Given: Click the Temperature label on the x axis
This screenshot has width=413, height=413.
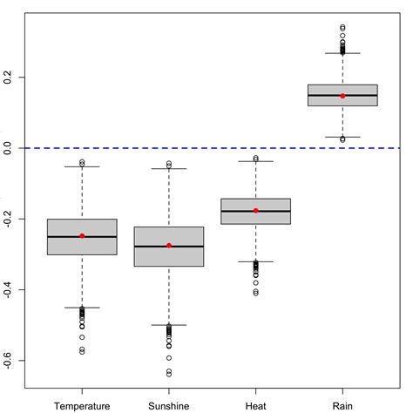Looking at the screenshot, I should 82,404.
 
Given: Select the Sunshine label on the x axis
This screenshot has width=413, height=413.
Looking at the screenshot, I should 169,404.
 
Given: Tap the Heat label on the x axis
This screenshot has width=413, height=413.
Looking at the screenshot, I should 255,404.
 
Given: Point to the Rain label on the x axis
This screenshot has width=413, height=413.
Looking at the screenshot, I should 342,404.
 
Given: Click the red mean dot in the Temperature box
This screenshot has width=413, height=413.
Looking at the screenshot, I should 82,236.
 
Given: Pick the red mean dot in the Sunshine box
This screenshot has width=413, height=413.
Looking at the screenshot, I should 169,246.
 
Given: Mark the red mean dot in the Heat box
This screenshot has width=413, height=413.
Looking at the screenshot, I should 255,211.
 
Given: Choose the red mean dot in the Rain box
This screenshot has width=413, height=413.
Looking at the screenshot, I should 342,96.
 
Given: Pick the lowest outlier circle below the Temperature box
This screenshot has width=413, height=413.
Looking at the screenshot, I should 82,352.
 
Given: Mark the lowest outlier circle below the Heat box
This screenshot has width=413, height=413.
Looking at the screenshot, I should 255,294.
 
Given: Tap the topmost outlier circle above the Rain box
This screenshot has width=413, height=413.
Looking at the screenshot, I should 342,27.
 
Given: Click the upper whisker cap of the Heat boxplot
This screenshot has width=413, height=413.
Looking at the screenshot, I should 255,161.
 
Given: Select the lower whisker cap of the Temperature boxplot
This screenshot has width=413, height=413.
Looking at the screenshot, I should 82,308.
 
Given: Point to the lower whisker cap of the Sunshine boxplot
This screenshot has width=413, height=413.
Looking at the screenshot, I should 169,325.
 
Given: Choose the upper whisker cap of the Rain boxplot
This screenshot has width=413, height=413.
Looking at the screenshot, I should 342,53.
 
